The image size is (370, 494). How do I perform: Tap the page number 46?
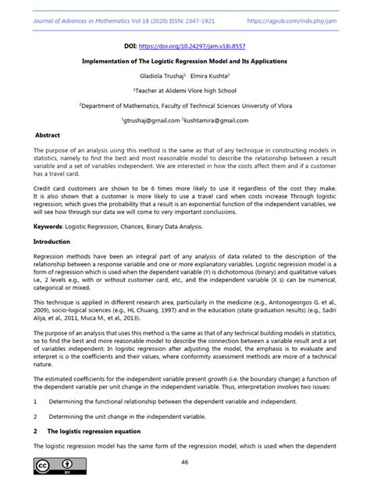[x=185, y=463]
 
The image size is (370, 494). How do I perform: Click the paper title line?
[x=185, y=61]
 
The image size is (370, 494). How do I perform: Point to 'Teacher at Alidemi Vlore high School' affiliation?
[x=185, y=91]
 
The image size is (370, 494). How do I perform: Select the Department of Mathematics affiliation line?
[x=185, y=106]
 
